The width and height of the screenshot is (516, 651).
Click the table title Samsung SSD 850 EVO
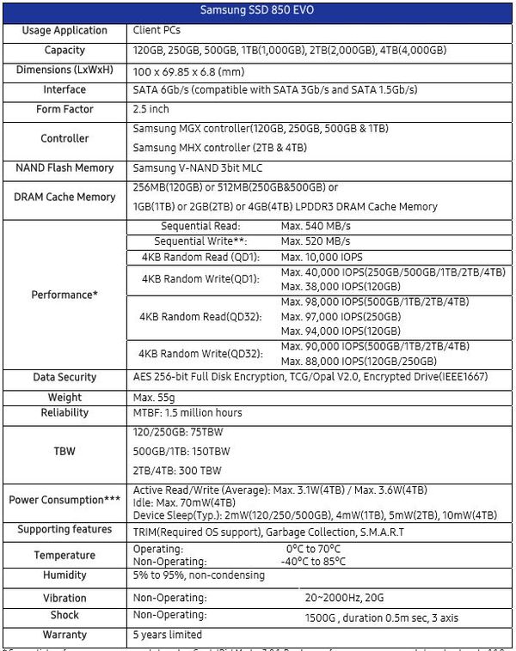tap(256, 11)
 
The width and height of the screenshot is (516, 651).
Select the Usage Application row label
tap(65, 30)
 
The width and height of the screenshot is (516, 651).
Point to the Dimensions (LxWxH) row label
tap(65, 70)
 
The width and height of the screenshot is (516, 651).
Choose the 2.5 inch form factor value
tap(151, 110)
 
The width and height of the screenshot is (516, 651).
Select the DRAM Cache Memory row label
tap(65, 197)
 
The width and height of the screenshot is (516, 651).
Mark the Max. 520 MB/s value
tap(315, 241)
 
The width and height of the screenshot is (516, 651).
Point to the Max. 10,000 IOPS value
tap(321, 257)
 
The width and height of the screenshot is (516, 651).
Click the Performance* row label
tap(65, 295)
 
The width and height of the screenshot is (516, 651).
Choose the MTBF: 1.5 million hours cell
tap(187, 413)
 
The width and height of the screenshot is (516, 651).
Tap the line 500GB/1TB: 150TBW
tap(181, 450)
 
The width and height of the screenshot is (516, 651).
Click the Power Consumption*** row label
tap(65, 500)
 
